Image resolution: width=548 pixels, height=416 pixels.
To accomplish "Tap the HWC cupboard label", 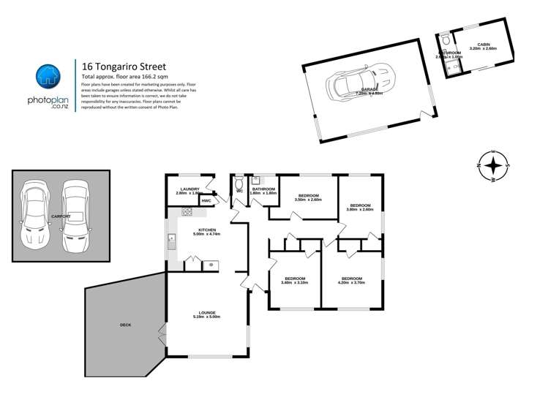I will pyautogui.click(x=206, y=200).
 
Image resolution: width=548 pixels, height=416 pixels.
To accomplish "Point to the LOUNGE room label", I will pyautogui.click(x=206, y=314).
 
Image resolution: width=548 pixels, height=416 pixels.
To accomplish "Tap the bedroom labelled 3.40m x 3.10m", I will pyautogui.click(x=294, y=280).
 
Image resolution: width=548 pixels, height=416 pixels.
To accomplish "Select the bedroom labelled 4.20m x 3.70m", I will pyautogui.click(x=352, y=280).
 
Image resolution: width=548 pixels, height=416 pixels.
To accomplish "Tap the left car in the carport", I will pyautogui.click(x=34, y=215).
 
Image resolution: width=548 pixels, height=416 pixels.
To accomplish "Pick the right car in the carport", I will pyautogui.click(x=75, y=212).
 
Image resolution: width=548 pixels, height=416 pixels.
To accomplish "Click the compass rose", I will pyautogui.click(x=495, y=166).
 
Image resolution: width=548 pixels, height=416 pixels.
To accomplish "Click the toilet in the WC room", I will pyautogui.click(x=239, y=183).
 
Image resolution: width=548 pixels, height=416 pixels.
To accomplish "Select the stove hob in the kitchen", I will pyautogui.click(x=187, y=213).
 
